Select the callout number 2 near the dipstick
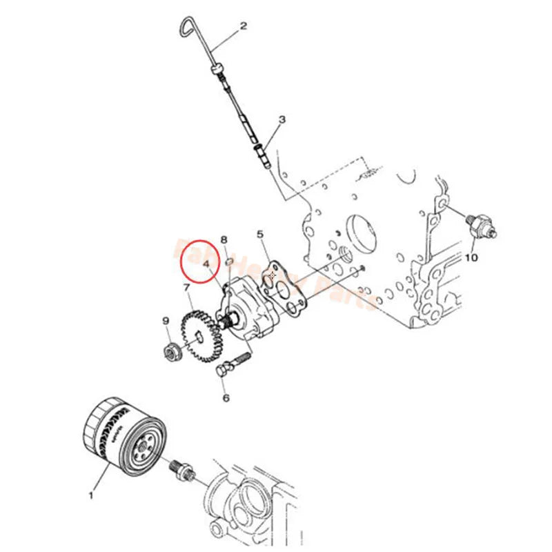click(243, 28)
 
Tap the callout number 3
click(282, 121)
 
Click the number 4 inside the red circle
click(206, 264)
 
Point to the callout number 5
click(260, 235)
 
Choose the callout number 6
click(225, 397)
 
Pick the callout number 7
click(186, 286)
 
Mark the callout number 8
click(224, 239)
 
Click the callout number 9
click(166, 320)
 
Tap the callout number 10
click(471, 258)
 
